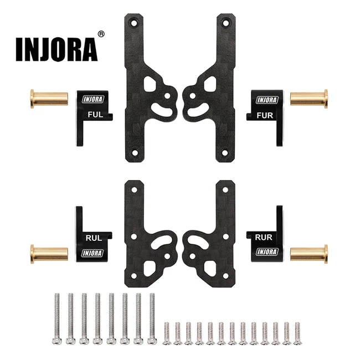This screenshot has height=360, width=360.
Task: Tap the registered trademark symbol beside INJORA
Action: pos(100,34)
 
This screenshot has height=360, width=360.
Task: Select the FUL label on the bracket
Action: pos(95,116)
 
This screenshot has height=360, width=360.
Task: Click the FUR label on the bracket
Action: pos(265,116)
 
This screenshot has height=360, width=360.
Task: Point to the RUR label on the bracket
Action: pos(264,237)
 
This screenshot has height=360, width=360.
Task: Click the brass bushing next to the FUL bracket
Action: pos(49,99)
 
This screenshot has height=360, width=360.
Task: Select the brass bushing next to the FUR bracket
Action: pos(309,99)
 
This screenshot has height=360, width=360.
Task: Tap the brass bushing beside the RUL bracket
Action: pos(49,254)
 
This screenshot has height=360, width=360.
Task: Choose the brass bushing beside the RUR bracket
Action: pos(309,254)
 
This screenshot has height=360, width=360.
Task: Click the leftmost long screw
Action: pos(56,319)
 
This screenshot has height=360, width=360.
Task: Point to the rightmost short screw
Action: pos(297,333)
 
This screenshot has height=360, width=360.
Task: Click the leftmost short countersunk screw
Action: pos(167,333)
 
